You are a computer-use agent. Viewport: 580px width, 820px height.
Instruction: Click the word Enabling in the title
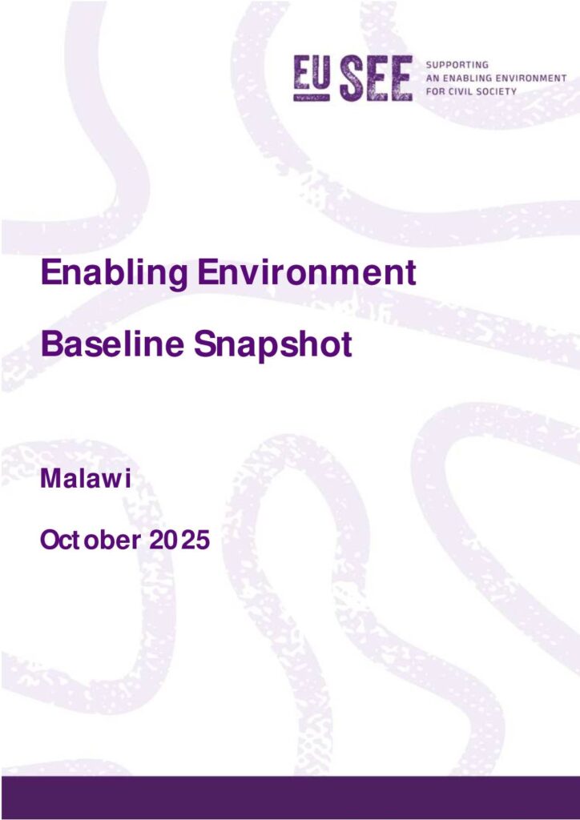coord(114,273)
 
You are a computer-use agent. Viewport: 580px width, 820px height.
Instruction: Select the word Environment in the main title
coord(307,272)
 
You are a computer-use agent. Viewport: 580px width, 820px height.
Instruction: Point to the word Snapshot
coord(273,345)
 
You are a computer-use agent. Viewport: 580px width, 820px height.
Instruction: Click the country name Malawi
coord(85,479)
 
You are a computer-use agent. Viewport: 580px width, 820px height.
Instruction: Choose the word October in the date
coord(91,540)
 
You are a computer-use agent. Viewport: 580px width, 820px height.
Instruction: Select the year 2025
coord(179,540)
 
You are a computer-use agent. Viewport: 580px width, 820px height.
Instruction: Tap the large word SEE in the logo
coord(376,78)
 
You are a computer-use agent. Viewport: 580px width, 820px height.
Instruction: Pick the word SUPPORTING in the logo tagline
coord(457,65)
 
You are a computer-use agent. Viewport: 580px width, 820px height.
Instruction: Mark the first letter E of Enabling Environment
coord(50,272)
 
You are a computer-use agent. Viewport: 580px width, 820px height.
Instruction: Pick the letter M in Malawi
coord(50,479)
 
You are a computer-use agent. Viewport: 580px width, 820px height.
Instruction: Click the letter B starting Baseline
coord(50,344)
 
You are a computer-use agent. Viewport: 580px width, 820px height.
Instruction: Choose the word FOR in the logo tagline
coord(435,91)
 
